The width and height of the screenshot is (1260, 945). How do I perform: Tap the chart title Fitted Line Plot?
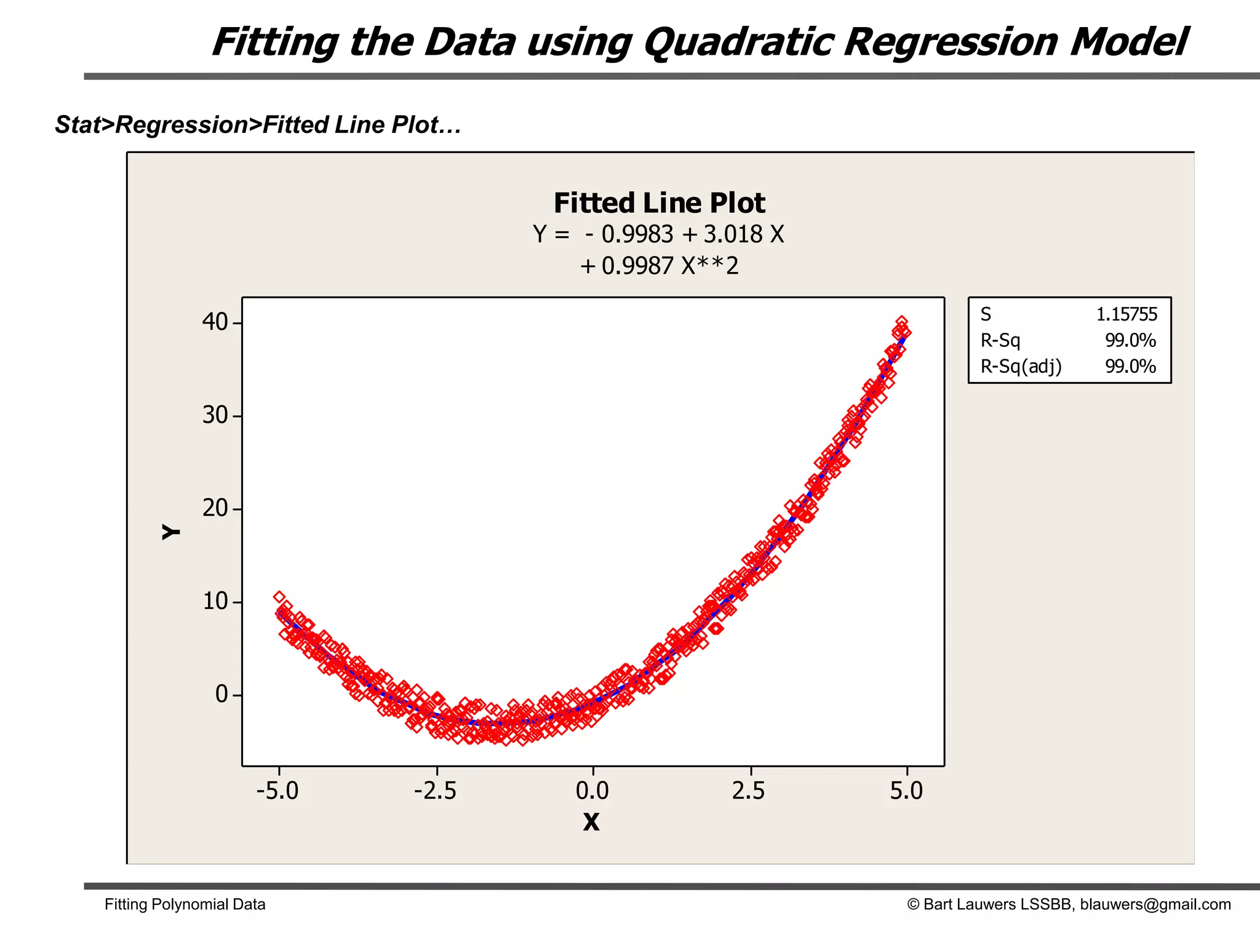point(659,203)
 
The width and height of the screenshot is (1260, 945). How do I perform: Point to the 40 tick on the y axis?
point(215,322)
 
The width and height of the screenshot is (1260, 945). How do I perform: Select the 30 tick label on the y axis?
point(215,415)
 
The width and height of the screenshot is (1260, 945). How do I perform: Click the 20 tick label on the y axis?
point(215,508)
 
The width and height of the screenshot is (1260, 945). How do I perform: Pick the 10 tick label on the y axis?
point(215,601)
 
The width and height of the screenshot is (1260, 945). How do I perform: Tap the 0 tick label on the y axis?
point(221,695)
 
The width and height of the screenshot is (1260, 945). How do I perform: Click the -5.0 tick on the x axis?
point(277,791)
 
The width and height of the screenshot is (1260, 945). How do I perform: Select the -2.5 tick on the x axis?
point(436,791)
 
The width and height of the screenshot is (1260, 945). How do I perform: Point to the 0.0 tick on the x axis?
point(592,791)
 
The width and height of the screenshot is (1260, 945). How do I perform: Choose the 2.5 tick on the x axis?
point(749,791)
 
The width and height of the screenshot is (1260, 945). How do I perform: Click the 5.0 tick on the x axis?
point(906,791)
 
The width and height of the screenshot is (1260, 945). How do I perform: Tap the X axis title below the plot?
point(591,822)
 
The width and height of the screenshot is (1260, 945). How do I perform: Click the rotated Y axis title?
point(171,532)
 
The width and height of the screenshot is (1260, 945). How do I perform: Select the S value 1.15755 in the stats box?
point(1126,314)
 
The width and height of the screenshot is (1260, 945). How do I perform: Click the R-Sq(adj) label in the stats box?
point(1021,367)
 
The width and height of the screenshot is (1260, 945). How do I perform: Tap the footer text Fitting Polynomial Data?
point(185,904)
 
